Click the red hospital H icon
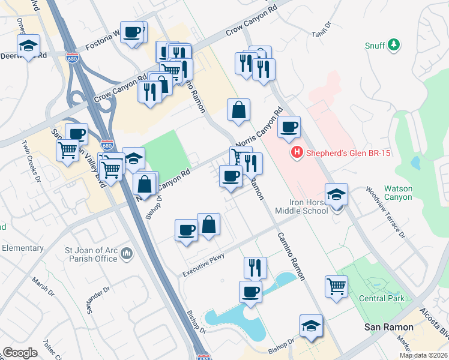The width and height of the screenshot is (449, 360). coord(295,153)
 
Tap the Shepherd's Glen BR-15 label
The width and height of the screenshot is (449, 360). coord(348,153)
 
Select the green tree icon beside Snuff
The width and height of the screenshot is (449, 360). coord(393,44)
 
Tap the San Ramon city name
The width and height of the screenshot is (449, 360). coord(390,327)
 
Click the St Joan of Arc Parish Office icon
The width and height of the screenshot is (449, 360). coord(126,254)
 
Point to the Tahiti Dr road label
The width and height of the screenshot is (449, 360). coord(321,31)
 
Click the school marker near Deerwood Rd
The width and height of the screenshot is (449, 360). coord(27,46)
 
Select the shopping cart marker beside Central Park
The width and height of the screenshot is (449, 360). coord(337,286)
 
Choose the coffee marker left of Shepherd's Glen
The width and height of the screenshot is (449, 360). coord(289,127)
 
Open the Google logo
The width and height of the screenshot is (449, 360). coord(20,353)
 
